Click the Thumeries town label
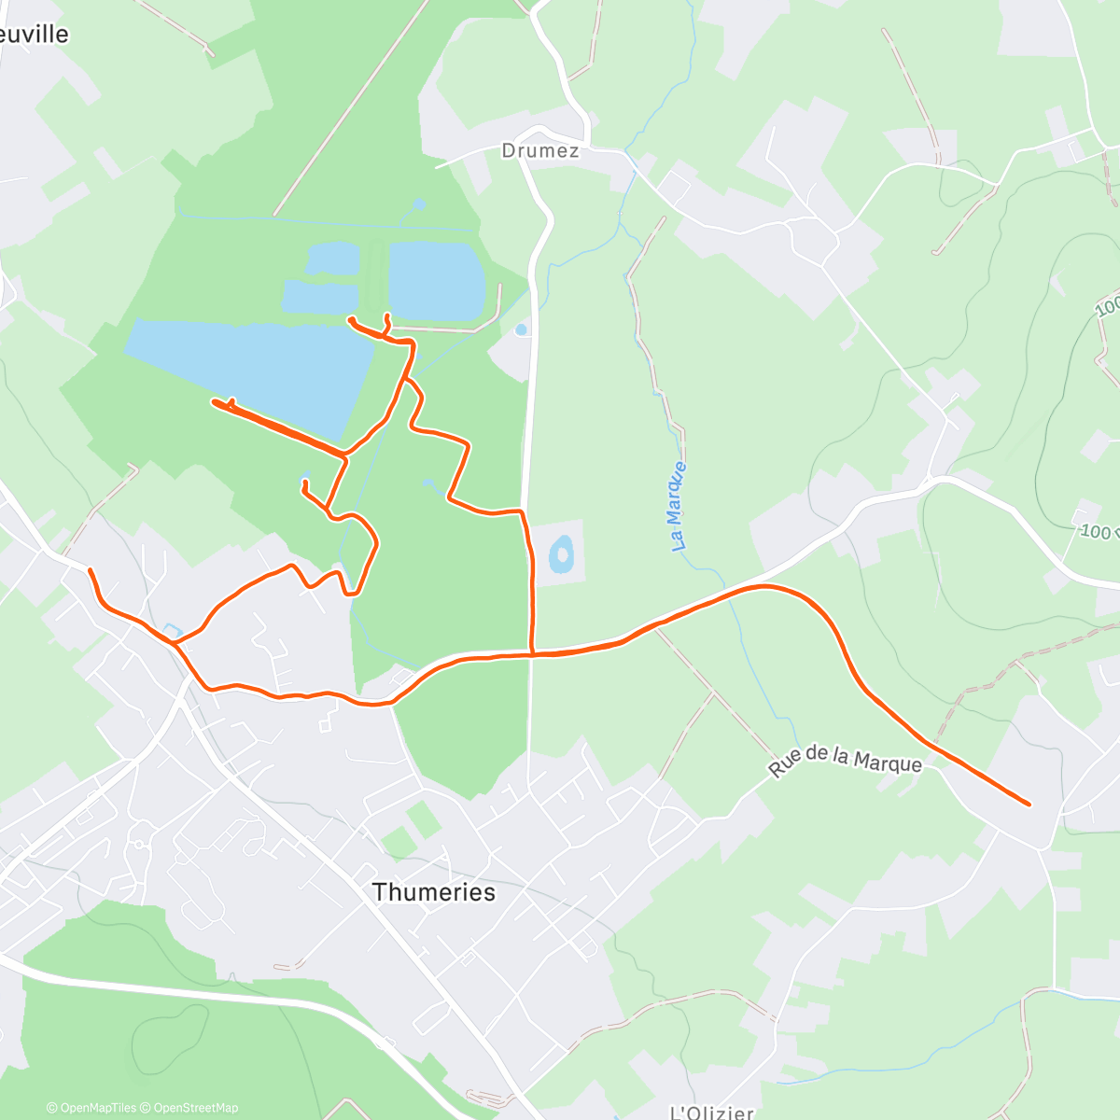coord(433,892)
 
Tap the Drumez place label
coord(539,150)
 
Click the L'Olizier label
coord(712,1112)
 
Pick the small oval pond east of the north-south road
coord(561,553)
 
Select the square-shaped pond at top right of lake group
coord(435,278)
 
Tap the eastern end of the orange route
coord(1029,804)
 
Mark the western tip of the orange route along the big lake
coord(215,401)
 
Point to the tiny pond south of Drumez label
coord(521,329)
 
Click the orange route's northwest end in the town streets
coord(90,569)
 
